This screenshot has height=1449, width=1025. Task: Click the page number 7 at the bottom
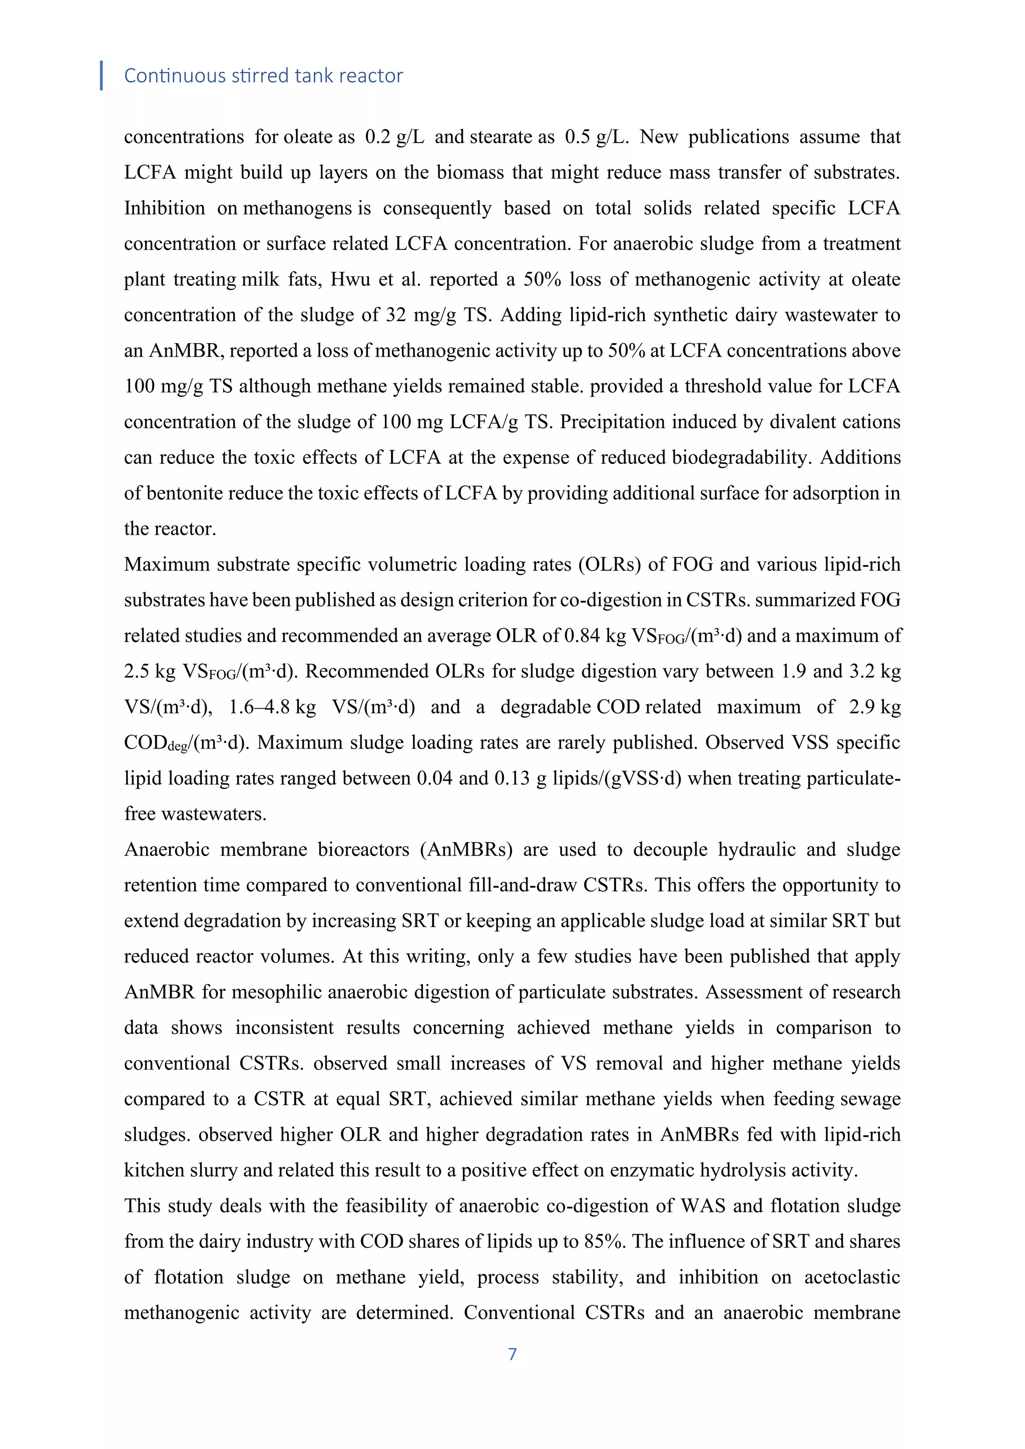point(512,1354)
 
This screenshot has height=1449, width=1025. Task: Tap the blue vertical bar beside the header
point(102,75)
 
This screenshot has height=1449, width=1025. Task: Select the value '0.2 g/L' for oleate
point(394,137)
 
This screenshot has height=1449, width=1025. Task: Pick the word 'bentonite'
point(186,493)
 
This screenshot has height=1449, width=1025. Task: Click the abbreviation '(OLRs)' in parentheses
point(610,564)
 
